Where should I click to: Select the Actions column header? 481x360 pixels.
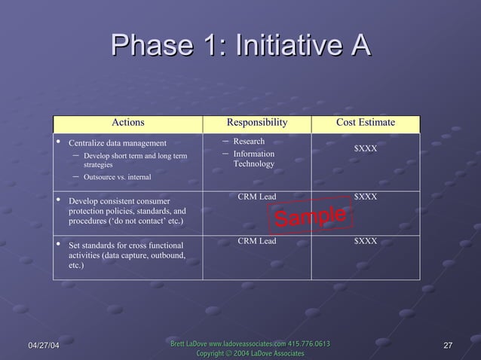click(x=127, y=123)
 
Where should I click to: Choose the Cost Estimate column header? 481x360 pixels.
click(x=366, y=123)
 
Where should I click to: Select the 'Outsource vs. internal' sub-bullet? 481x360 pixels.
click(x=116, y=177)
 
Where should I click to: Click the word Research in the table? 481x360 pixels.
click(x=249, y=142)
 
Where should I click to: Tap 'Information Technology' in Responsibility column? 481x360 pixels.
click(x=253, y=159)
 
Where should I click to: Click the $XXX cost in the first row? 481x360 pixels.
click(x=366, y=148)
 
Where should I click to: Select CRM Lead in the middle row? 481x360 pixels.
click(x=256, y=197)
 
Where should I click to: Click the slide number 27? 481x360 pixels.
click(x=448, y=345)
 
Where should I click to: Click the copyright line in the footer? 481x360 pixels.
click(x=250, y=353)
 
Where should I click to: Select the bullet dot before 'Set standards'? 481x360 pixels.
click(x=58, y=245)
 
